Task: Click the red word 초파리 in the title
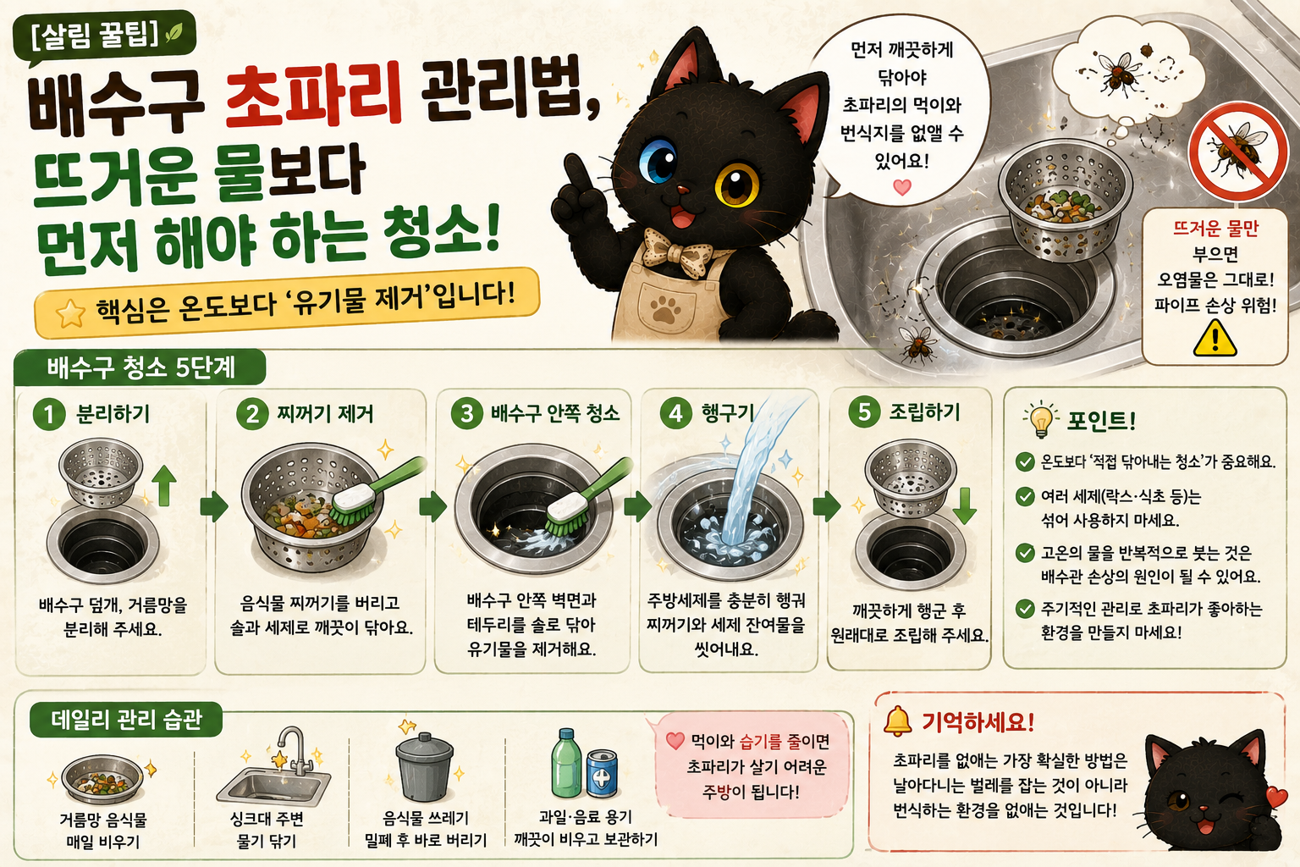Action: tap(313, 96)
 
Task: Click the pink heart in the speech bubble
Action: tap(901, 187)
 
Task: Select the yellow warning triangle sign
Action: tap(1215, 338)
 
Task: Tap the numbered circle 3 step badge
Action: tap(466, 413)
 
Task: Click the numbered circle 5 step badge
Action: tap(864, 411)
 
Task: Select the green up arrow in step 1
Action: tap(164, 486)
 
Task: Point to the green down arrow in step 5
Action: tap(964, 506)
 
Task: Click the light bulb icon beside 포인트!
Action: tap(1040, 419)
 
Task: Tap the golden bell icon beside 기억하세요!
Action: tap(897, 721)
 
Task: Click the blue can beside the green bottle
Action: tap(602, 774)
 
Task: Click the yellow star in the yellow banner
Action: tap(70, 313)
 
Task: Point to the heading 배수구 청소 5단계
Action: tap(141, 368)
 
